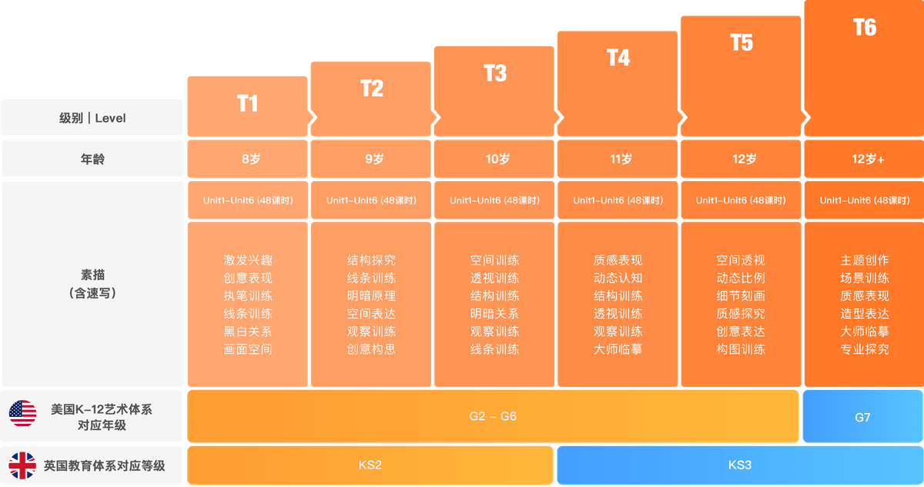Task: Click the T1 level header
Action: pos(247,104)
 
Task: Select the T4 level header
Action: pos(618,58)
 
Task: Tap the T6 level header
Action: pos(864,28)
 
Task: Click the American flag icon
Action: pos(22,414)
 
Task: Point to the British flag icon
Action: pos(22,465)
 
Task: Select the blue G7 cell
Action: pos(862,417)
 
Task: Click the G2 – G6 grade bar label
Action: pos(493,417)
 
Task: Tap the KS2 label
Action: pos(370,465)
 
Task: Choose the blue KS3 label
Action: pos(739,465)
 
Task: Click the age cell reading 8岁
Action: pos(247,160)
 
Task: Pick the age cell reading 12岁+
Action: pos(864,160)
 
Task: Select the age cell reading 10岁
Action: pos(494,160)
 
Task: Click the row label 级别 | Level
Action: pos(92,118)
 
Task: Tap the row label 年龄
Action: pos(92,160)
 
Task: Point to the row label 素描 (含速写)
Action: pos(92,283)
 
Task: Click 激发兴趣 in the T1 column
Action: pos(247,260)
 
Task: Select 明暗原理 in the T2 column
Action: pos(371,296)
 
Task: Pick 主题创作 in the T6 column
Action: pos(864,260)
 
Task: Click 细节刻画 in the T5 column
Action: pos(741,296)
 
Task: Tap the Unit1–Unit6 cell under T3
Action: pos(494,200)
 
